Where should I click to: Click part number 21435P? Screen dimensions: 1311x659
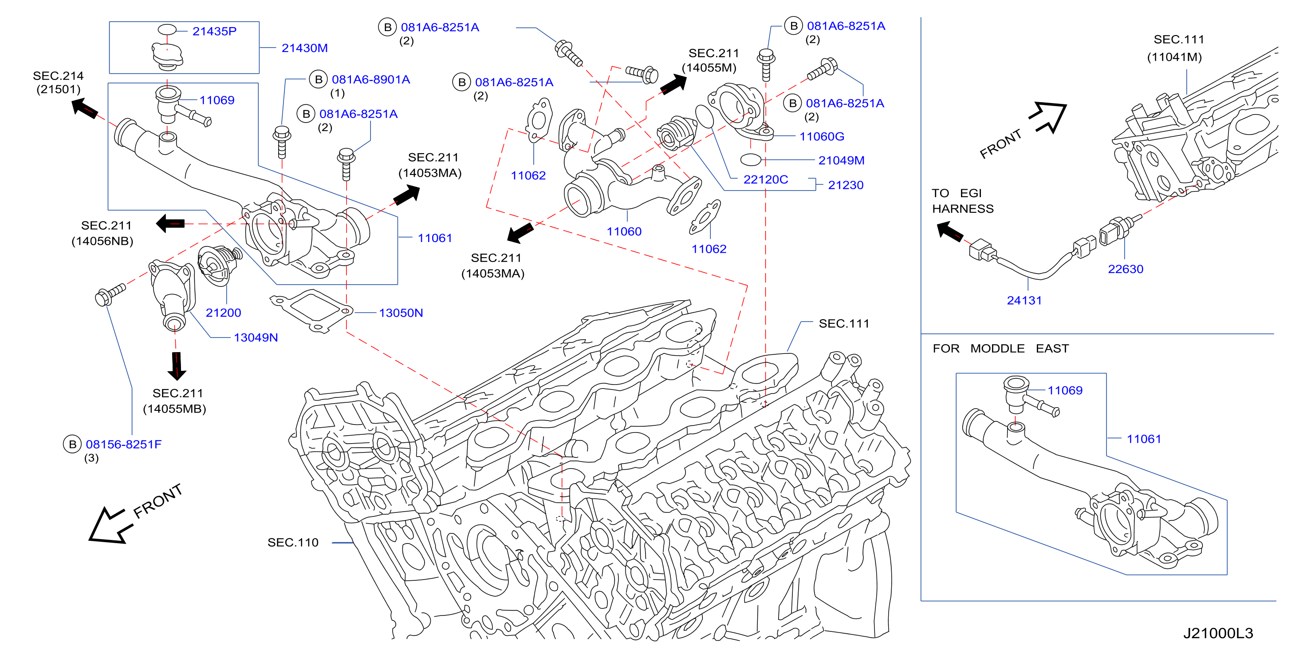click(214, 32)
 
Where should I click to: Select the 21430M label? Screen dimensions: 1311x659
click(304, 48)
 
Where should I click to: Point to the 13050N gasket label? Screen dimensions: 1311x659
click(401, 313)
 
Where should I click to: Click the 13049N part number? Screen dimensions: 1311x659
click(256, 337)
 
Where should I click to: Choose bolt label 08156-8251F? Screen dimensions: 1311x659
click(123, 444)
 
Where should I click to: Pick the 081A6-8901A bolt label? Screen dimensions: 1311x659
click(370, 79)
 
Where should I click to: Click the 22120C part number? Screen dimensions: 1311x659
click(765, 180)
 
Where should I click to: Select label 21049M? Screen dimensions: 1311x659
click(841, 160)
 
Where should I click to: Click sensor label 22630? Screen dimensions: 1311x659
click(1125, 269)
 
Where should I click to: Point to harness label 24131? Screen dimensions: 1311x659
click(1024, 301)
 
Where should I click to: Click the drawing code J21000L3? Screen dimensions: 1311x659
click(1218, 633)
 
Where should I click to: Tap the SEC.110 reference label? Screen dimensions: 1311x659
click(293, 542)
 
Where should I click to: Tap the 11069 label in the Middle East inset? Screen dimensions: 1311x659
click(1065, 391)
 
